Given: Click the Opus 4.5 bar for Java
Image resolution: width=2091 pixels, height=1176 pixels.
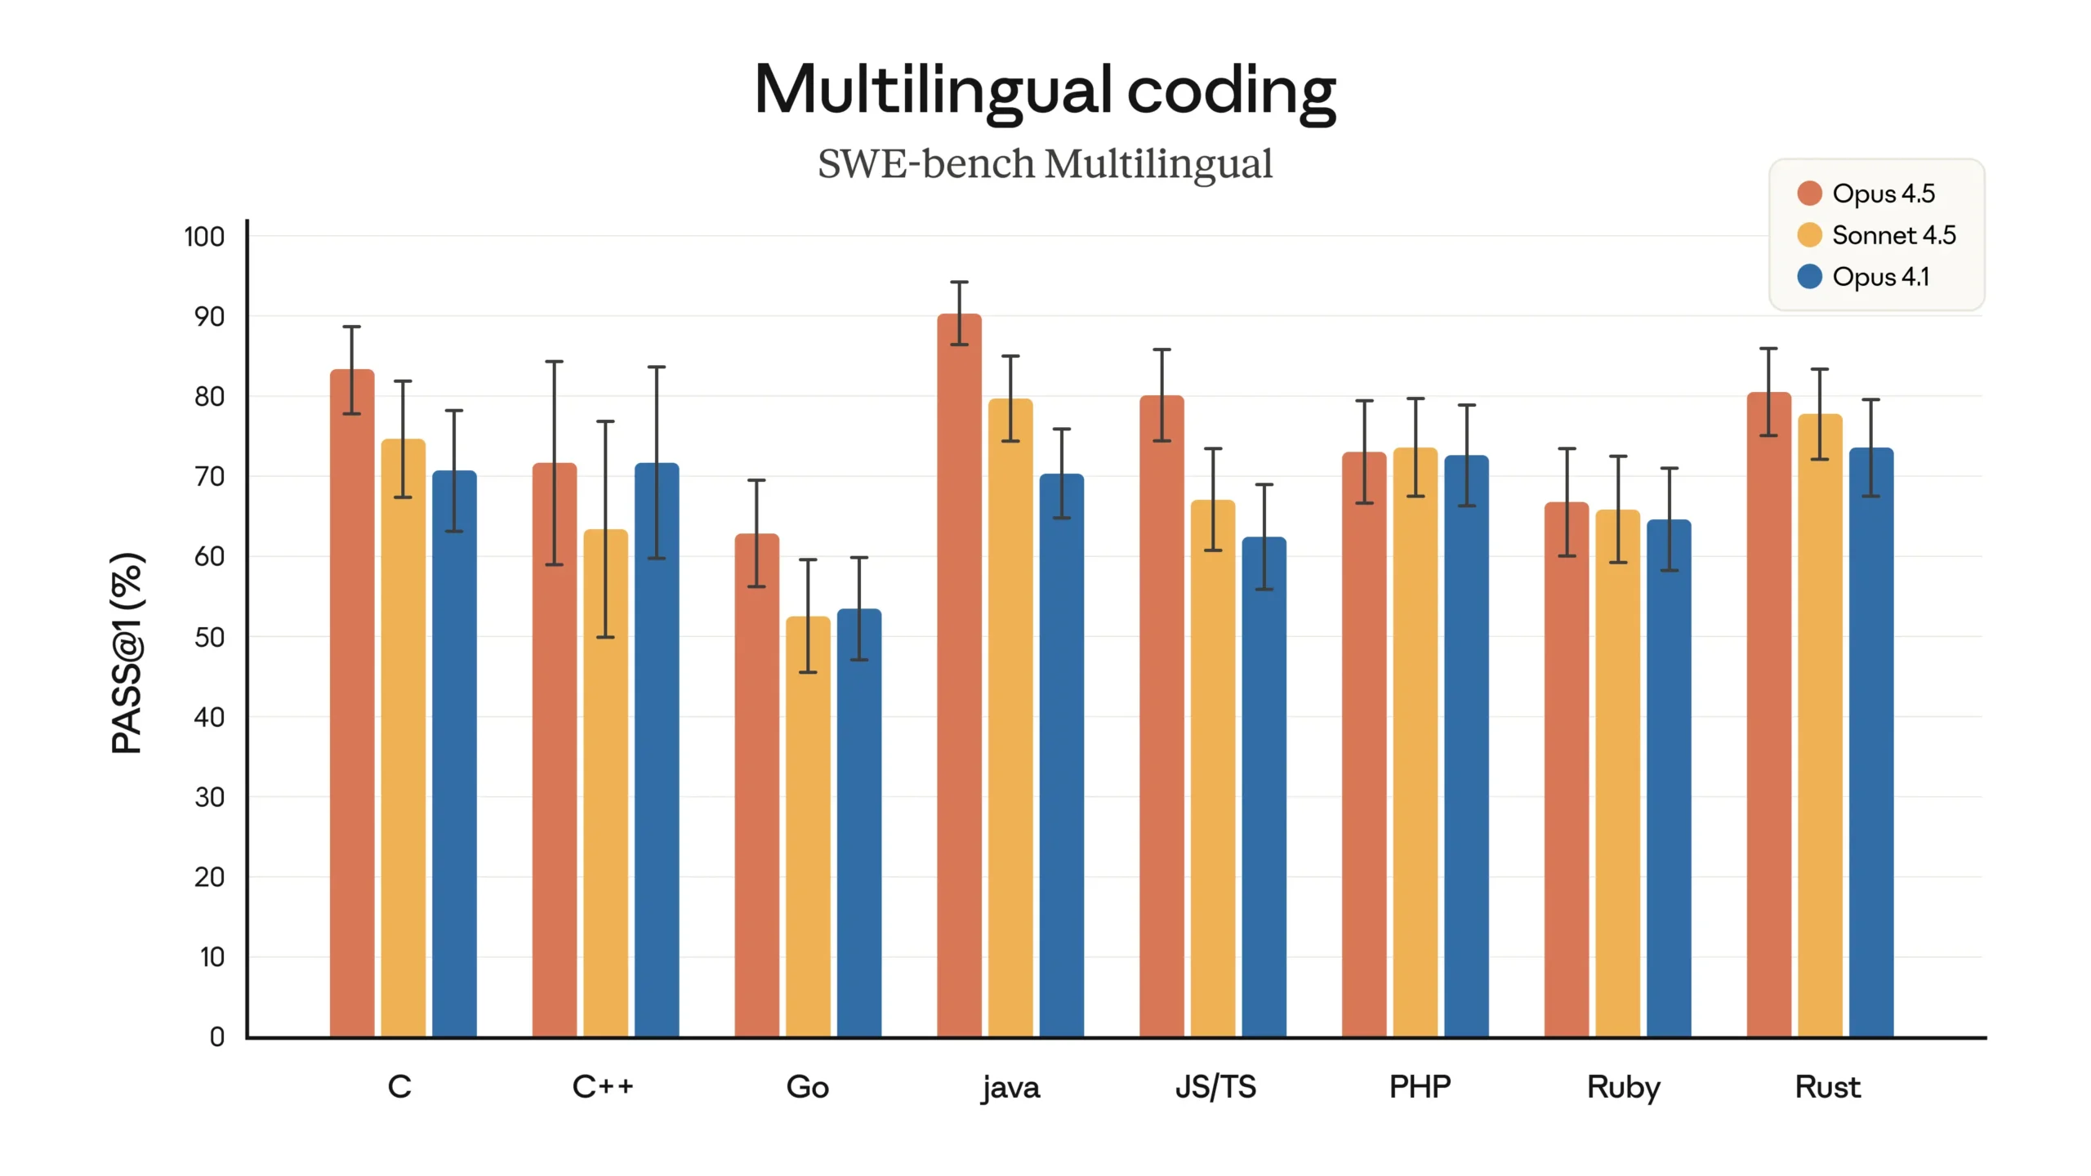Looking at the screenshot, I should [x=959, y=678].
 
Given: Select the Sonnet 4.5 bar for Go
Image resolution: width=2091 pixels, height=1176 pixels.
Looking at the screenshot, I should [x=808, y=825].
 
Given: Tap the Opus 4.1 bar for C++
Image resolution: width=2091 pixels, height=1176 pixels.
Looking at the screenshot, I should [x=657, y=751].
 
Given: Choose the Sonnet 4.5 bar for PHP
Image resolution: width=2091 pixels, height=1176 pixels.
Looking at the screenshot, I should [x=1415, y=743].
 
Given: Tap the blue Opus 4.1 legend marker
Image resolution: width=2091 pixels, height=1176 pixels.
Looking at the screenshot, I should [x=1809, y=277].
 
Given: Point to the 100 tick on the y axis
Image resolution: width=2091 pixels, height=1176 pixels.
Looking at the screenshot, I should [x=204, y=237].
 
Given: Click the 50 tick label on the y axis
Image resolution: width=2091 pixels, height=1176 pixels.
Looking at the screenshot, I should [x=209, y=637].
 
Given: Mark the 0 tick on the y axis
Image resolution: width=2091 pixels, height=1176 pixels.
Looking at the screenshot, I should [x=216, y=1037].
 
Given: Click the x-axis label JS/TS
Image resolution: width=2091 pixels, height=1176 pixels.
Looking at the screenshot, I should [x=1215, y=1087].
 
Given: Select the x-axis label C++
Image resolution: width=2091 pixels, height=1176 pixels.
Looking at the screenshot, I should [x=603, y=1087].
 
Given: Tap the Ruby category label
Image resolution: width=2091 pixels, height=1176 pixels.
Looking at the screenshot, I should [x=1623, y=1087].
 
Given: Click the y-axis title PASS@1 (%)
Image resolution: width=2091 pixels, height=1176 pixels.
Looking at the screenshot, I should [x=127, y=653].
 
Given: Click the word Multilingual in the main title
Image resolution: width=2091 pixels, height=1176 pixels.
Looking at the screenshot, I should [x=933, y=90].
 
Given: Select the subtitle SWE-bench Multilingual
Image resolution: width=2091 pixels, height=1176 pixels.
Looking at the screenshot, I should [x=1045, y=164].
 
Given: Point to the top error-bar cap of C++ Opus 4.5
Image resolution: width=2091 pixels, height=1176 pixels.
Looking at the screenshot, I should [x=555, y=362].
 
